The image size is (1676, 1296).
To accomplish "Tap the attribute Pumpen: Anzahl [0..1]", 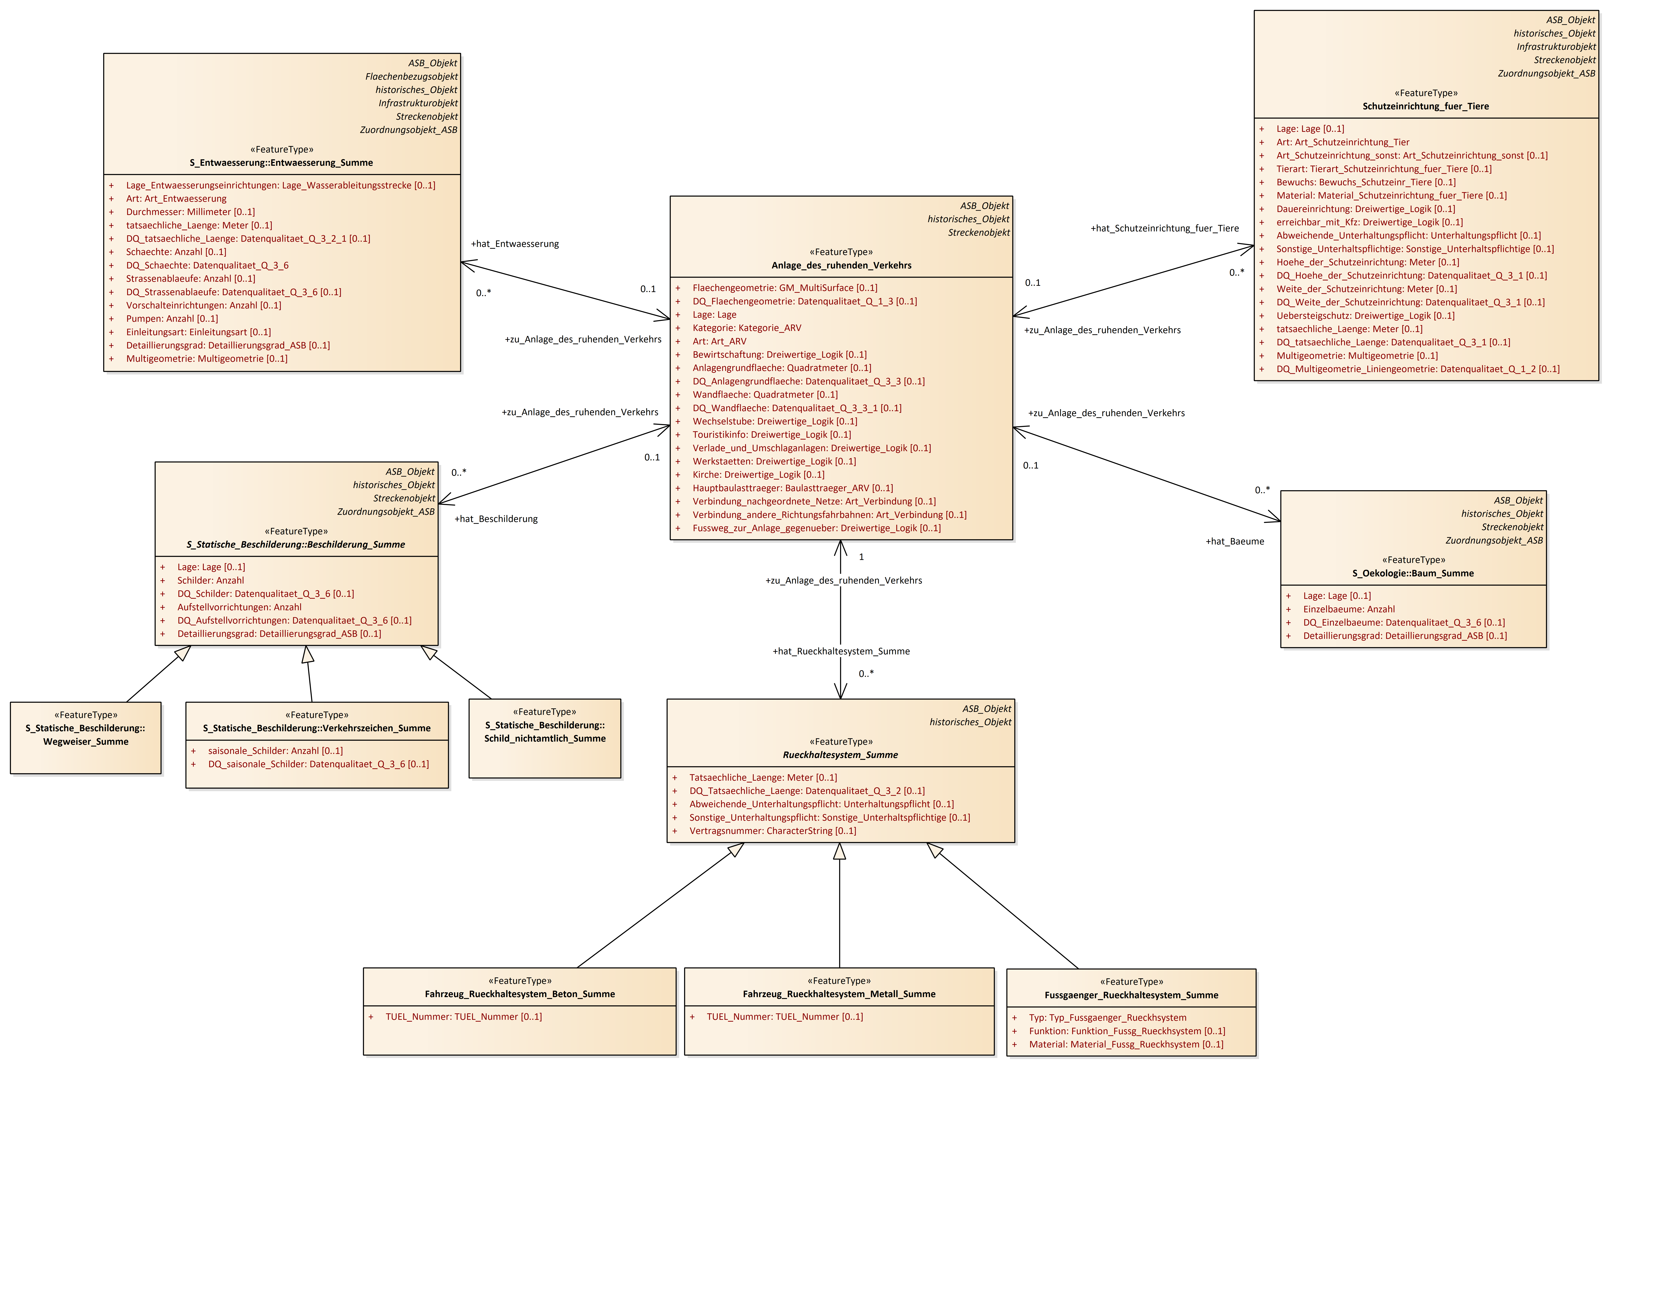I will click(x=172, y=318).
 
